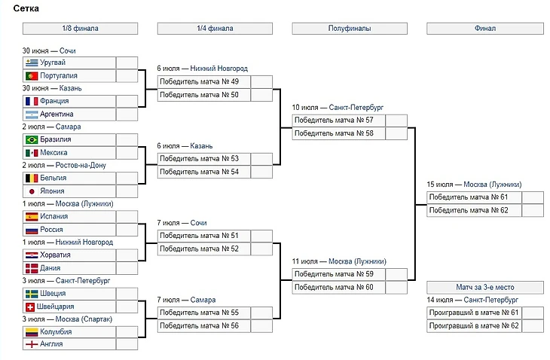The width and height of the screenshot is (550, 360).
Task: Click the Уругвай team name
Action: pos(52,63)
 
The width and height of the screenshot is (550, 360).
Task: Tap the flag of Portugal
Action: pos(32,76)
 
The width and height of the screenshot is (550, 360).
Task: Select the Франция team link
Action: pos(53,101)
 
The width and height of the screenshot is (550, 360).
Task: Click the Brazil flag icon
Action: pos(32,140)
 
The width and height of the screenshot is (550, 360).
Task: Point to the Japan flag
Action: pos(32,191)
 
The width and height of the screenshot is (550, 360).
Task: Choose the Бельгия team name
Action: pos(53,178)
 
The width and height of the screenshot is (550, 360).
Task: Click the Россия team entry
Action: pos(51,230)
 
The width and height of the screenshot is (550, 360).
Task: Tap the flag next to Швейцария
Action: pos(32,307)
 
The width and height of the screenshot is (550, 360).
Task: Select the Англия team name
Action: pos(52,344)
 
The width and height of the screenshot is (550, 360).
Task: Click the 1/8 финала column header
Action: pos(80,29)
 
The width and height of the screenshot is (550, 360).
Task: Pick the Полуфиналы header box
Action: pos(350,29)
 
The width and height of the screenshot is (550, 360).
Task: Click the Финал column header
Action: pos(484,29)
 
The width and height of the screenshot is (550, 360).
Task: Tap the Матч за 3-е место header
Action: pos(484,288)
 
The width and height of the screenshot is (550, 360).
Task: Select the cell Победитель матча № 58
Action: pos(338,133)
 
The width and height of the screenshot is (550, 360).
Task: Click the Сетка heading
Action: pos(26,8)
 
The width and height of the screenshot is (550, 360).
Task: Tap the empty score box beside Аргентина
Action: pos(127,114)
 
